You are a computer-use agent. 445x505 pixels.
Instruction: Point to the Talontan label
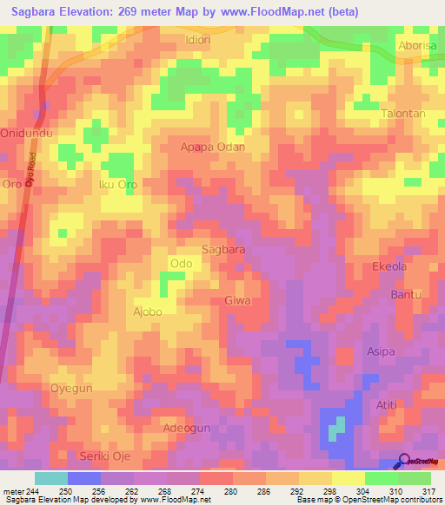tap(403, 114)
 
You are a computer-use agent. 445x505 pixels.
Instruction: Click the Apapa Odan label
tap(212, 147)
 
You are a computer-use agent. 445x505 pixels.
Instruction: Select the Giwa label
tap(237, 300)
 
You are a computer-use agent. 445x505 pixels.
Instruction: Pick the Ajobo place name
tap(147, 311)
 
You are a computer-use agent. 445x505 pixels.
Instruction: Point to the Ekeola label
tap(389, 266)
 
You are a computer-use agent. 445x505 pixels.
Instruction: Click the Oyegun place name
tap(71, 389)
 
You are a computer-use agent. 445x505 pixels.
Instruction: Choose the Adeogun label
tap(187, 429)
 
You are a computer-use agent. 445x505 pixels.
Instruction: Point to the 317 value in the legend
tap(414, 492)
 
